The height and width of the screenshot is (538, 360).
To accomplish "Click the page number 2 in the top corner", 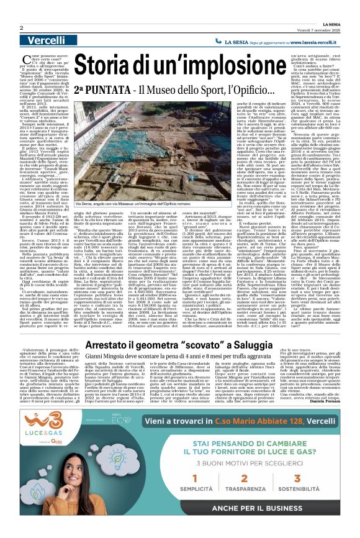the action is [21, 28].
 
